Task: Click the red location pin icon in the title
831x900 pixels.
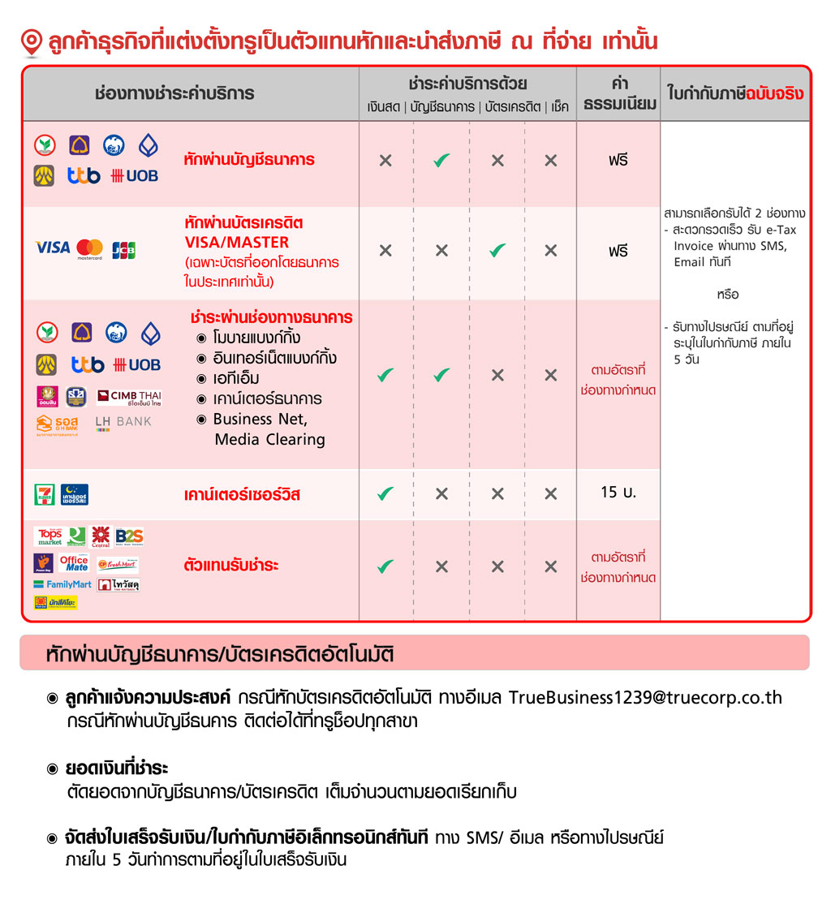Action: [x=31, y=43]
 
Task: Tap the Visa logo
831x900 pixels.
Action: [x=53, y=248]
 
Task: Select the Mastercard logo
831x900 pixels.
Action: [x=89, y=249]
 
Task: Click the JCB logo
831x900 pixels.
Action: [x=123, y=249]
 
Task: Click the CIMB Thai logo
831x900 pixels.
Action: [x=128, y=397]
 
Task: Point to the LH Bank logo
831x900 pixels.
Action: [x=123, y=423]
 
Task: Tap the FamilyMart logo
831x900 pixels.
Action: [x=62, y=584]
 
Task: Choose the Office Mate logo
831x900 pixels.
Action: [x=74, y=563]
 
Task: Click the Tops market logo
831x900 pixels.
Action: [x=49, y=536]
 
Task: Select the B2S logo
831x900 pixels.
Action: [x=129, y=536]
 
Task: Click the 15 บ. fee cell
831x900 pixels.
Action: [x=618, y=493]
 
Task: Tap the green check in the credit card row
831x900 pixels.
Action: [x=497, y=251]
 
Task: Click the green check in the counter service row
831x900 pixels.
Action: [x=385, y=493]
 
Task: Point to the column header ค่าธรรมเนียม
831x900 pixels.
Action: [x=618, y=93]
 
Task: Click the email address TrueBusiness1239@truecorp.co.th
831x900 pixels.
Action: [x=645, y=698]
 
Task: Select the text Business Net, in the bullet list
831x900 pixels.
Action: [x=260, y=420]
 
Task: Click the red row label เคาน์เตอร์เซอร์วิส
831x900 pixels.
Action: [x=242, y=494]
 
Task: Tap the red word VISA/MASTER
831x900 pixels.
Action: [x=236, y=242]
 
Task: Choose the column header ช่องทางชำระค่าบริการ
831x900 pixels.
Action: [x=174, y=93]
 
